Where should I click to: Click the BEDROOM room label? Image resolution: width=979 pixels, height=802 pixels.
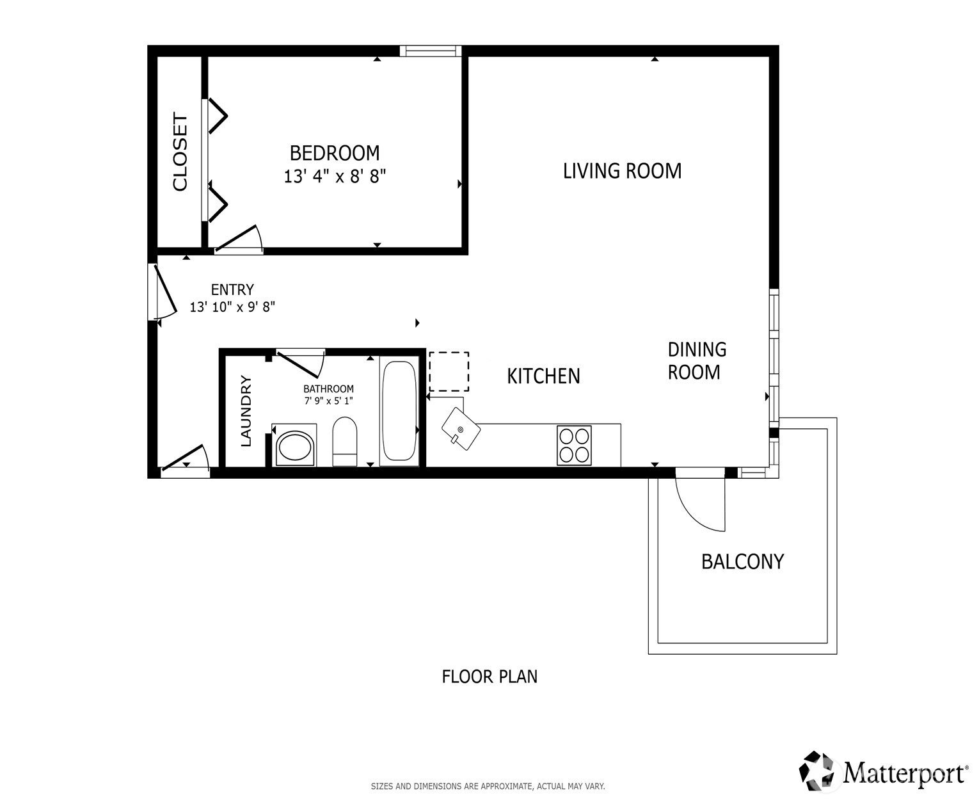334,153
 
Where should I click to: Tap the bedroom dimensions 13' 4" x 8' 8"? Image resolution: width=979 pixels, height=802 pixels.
335,177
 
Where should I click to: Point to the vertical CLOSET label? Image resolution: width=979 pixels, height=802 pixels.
180,152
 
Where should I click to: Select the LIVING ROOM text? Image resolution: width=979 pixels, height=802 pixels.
622,171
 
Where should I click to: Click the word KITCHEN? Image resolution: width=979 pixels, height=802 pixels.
543,376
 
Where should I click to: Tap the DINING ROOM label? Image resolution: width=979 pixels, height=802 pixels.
697,361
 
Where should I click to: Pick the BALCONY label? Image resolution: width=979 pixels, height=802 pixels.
742,562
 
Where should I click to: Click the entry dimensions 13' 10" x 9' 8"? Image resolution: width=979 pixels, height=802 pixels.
232,307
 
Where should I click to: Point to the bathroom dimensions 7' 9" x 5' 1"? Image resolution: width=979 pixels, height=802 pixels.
329,401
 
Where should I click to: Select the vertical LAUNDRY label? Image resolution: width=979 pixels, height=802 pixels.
246,411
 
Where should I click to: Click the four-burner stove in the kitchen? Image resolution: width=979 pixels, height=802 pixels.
574,445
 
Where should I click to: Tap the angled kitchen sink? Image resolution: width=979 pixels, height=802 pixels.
461,429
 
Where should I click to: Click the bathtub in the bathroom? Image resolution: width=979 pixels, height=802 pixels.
399,411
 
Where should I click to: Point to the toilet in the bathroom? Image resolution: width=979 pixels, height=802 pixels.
345,441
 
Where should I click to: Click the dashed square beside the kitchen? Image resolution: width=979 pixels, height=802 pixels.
449,371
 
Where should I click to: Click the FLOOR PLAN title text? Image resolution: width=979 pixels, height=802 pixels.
489,677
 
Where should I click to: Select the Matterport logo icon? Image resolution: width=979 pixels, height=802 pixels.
819,771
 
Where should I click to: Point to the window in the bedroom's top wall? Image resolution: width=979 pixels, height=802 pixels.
431,51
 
